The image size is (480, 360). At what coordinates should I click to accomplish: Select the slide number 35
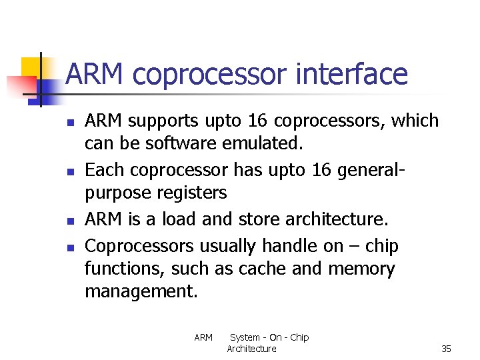tap(446, 349)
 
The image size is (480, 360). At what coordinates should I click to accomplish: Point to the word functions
tap(125, 269)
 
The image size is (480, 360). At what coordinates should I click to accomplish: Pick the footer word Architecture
tap(251, 349)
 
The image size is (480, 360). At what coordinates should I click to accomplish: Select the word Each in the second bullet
tap(105, 170)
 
